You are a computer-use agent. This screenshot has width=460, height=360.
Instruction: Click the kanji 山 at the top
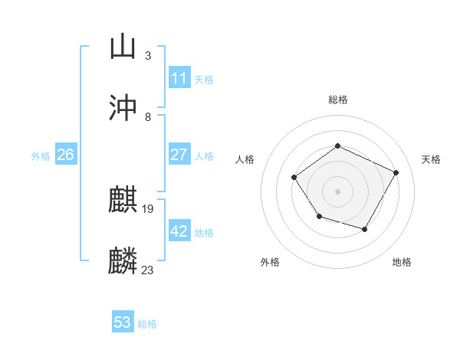(x=123, y=47)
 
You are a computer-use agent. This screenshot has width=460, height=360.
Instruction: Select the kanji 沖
(x=123, y=108)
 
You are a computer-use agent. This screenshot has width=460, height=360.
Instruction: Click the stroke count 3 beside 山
(x=148, y=55)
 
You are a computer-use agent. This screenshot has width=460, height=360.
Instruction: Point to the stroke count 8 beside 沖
(x=148, y=117)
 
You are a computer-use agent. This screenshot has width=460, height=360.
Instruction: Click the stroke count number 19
(x=149, y=209)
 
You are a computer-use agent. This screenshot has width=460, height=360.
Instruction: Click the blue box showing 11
(x=179, y=78)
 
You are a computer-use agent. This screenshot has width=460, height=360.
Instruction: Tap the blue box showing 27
(x=179, y=155)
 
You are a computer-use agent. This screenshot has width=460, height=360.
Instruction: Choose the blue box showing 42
(x=179, y=231)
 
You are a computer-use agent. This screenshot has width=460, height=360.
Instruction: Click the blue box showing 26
(x=65, y=155)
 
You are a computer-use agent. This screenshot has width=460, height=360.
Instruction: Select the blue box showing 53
(x=123, y=322)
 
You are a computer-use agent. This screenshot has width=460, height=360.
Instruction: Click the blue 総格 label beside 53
(x=147, y=324)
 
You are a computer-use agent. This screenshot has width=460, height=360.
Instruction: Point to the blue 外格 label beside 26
(x=41, y=155)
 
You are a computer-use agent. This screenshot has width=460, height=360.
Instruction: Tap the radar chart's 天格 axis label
(x=431, y=159)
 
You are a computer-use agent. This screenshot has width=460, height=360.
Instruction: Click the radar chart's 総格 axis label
(x=338, y=100)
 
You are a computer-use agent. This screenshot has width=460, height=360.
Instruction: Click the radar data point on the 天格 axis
(x=396, y=172)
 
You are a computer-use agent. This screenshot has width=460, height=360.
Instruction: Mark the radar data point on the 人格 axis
(x=294, y=178)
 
